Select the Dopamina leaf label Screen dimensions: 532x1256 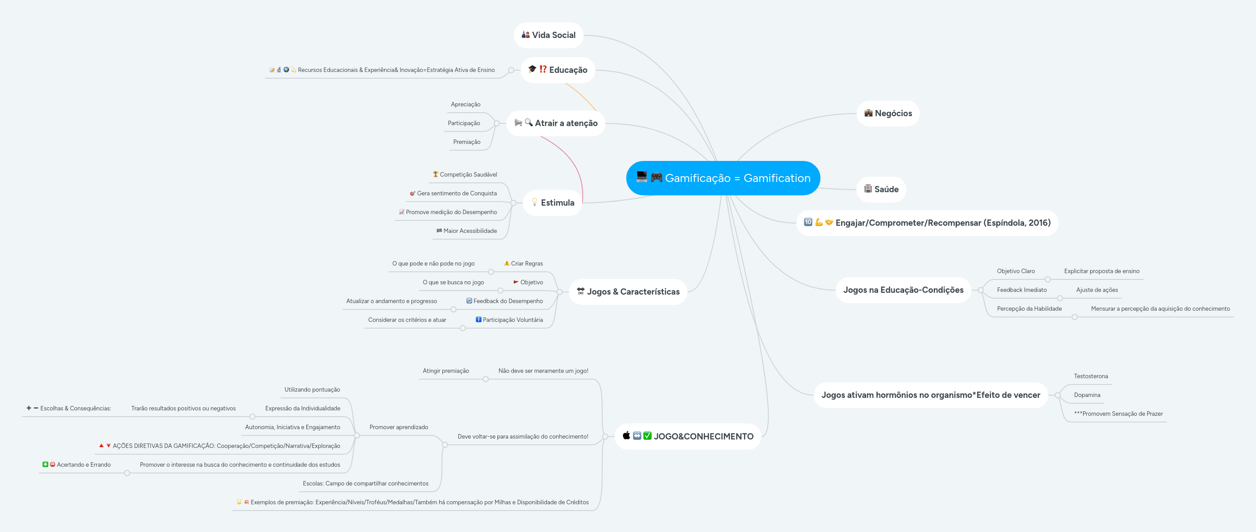click(1087, 395)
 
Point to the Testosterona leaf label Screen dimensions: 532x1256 click(1091, 376)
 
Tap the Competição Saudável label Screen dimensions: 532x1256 click(468, 174)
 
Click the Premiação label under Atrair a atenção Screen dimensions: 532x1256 click(466, 142)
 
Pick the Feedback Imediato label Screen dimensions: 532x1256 click(1021, 290)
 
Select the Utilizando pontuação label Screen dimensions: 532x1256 click(312, 390)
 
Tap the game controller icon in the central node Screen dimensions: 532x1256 click(656, 177)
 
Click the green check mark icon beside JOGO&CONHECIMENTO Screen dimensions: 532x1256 click(647, 435)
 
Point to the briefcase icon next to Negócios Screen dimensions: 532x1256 click(868, 113)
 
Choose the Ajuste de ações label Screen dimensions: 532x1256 click(1097, 290)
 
